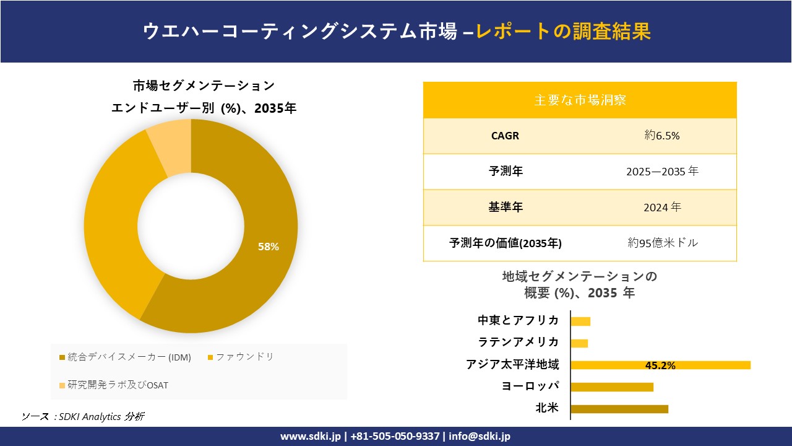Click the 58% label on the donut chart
pos(269,247)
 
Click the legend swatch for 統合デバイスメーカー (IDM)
pos(62,357)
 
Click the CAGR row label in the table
pos(505,136)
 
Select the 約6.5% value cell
pos(662,136)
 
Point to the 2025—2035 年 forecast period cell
pos(662,172)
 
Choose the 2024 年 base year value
pos(662,208)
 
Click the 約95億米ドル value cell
pos(662,243)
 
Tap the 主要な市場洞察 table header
pos(580,100)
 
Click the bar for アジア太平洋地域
pos(660,365)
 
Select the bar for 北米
pos(619,409)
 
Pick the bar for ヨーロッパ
pos(612,387)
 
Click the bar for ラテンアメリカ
pos(579,343)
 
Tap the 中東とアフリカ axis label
pos(518,320)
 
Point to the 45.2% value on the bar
pos(660,365)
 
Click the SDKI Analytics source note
pos(83,416)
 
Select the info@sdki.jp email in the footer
pos(480,436)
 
